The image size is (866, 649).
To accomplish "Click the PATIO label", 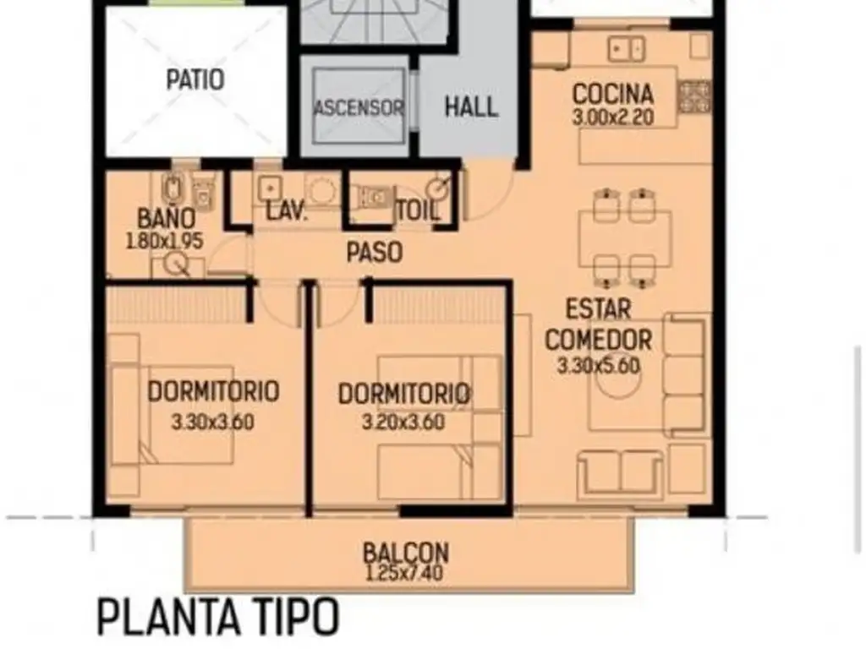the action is pos(195,79).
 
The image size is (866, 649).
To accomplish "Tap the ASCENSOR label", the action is pos(359,107).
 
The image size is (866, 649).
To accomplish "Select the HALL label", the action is pos(471,106).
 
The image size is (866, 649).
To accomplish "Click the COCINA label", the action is pos(612,94).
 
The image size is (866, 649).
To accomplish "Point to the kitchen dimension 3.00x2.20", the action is pos(613,117).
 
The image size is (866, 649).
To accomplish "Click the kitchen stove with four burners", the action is pos(693,97).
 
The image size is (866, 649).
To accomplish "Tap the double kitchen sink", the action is pos(627,49).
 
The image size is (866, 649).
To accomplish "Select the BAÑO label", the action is pos(167,219).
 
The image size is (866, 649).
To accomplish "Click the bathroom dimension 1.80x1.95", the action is pos(165,242).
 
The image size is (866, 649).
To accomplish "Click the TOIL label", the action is pos(419,210).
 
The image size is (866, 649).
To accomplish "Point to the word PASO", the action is pos(375,252).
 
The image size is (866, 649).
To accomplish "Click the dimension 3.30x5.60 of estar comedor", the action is pos(598,366).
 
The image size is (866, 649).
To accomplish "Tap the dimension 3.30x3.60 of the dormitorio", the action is pos(212,423).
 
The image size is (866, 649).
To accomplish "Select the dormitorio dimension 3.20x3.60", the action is pos(403,423).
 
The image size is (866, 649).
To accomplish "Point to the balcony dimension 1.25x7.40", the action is pos(404,573).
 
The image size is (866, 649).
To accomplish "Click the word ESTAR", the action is pos(598,309).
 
